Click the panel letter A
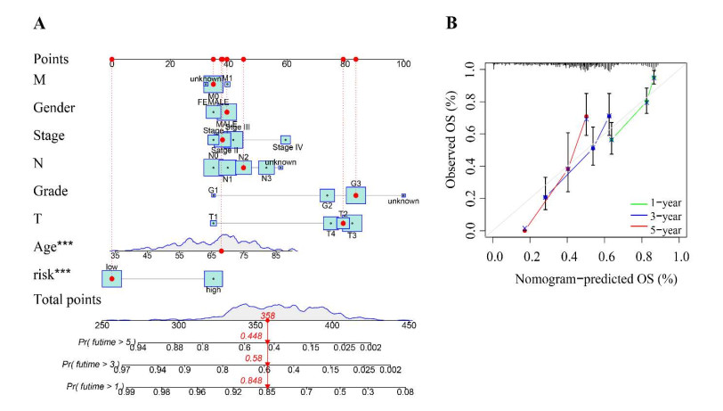(x=39, y=24)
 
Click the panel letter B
(x=451, y=24)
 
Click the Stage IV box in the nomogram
(x=286, y=140)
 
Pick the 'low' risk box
(x=111, y=279)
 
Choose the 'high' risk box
(x=213, y=280)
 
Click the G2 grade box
(x=328, y=195)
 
